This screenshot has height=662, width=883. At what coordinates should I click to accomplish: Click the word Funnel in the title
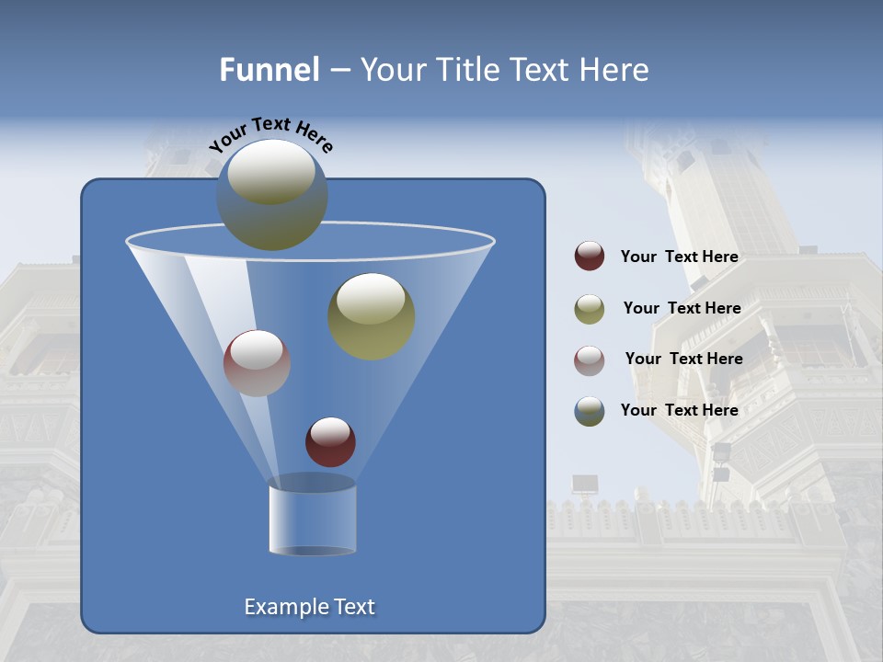tap(269, 70)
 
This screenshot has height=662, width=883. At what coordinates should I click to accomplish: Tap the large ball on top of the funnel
tap(271, 195)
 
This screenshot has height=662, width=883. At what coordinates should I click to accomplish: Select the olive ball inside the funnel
tap(371, 316)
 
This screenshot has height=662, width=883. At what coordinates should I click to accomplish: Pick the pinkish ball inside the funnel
tap(257, 363)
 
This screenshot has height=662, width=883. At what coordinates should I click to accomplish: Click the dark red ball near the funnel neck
tap(330, 442)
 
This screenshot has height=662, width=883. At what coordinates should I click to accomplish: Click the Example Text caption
tap(309, 607)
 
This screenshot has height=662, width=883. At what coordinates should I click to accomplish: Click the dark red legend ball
tap(590, 256)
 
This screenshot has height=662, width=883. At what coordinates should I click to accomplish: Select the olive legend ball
tap(590, 308)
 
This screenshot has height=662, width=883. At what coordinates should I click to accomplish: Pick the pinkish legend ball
tap(590, 360)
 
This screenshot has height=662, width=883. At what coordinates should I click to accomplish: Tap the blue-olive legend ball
tap(590, 411)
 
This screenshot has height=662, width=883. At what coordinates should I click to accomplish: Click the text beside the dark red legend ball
tap(679, 257)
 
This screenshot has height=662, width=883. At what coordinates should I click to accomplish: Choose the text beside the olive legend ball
tap(682, 308)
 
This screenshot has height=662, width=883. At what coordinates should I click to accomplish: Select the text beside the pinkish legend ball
tap(683, 359)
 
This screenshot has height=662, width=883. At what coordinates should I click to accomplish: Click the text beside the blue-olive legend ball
tap(679, 410)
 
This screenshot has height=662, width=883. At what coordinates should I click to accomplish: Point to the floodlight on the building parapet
tap(584, 484)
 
